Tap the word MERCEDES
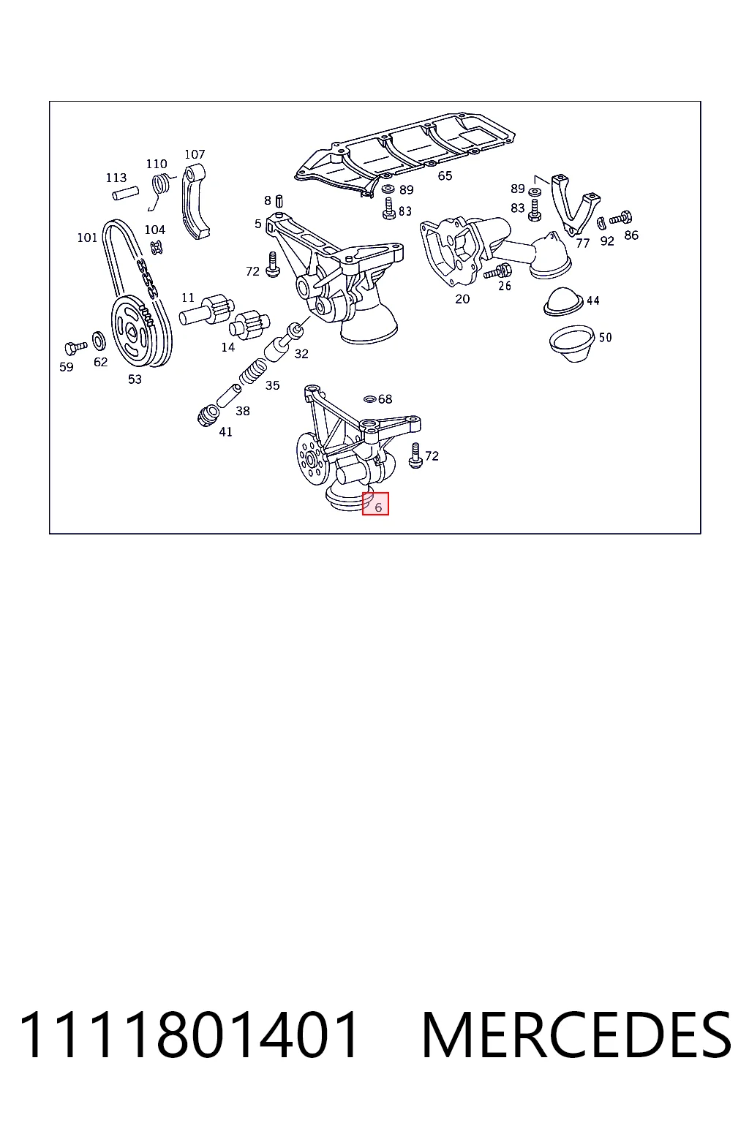pos(576,1035)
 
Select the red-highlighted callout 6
pos(375,503)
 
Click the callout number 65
pos(445,175)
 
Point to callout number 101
pos(87,238)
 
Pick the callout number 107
pos(195,154)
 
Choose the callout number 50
pos(606,337)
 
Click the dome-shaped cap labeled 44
pos(562,302)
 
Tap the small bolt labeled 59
pos(76,347)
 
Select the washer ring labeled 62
pos(99,341)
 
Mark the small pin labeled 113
pos(125,193)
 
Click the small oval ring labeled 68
pos(369,399)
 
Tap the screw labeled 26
pos(497,272)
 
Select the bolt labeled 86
pos(620,218)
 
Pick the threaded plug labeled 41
pos(208,415)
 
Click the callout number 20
pos(462,299)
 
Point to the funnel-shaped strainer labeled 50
pos(572,344)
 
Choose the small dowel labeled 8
pos(279,201)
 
